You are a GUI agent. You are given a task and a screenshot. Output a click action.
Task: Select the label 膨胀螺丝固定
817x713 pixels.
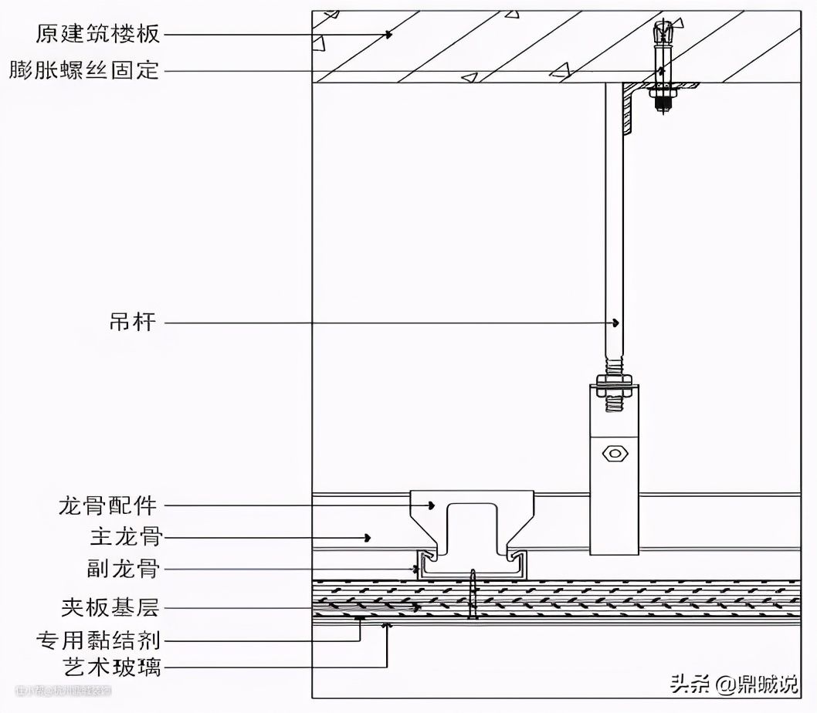click(84, 71)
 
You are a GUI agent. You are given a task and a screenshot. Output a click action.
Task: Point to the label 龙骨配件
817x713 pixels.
click(107, 506)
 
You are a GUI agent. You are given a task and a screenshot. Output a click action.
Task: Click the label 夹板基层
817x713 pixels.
click(109, 607)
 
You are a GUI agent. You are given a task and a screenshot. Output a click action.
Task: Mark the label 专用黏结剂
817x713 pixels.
click(98, 640)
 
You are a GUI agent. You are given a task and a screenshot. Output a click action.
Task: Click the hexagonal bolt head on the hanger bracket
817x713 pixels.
click(615, 453)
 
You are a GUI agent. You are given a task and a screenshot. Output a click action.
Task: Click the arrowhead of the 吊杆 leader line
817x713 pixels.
click(616, 322)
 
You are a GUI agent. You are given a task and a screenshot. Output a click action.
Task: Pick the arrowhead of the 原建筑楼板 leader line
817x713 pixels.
click(390, 34)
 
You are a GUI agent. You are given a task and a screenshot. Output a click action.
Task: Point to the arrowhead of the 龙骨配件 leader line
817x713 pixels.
click(432, 506)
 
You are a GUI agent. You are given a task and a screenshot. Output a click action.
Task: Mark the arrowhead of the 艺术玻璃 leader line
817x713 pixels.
click(387, 627)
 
